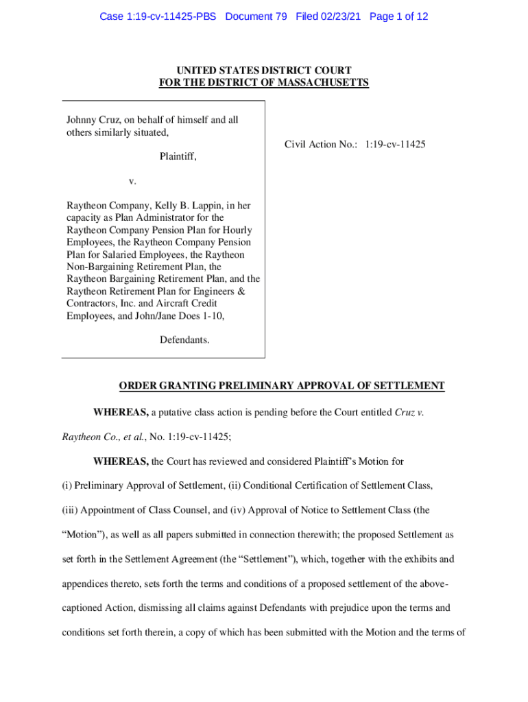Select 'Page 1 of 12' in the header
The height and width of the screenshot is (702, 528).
point(398,16)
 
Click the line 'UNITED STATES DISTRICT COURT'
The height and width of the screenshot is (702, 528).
point(264,71)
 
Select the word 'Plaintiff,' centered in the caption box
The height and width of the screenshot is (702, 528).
point(178,156)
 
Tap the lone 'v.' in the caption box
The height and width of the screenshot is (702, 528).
point(133,181)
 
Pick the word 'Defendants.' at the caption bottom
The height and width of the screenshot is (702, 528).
point(184,339)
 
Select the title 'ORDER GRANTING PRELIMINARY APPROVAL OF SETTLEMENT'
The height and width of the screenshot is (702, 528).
point(282,387)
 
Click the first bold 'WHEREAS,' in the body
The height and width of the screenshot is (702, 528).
point(121,412)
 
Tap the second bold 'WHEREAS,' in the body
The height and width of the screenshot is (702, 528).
point(121,461)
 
